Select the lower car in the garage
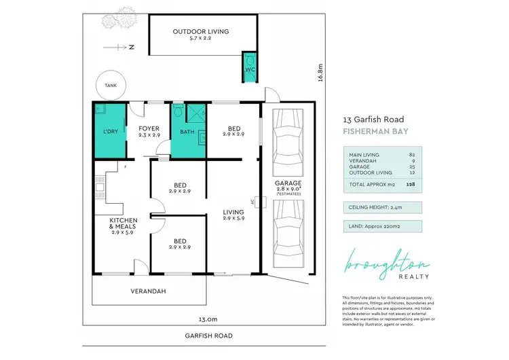[x=287, y=236]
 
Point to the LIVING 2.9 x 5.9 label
[x=233, y=215]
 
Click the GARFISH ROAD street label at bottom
[x=208, y=336]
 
